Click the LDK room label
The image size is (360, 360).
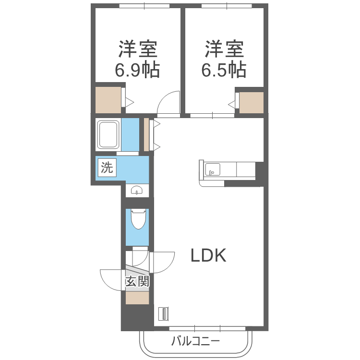tap(208, 256)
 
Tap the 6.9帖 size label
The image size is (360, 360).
tap(137, 71)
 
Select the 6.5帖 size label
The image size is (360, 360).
tap(224, 71)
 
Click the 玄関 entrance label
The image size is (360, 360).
tap(137, 281)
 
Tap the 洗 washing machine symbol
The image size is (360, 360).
tap(107, 168)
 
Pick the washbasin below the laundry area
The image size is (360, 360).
tap(138, 190)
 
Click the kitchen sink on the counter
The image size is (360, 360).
tap(213, 169)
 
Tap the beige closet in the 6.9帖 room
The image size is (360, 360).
tap(108, 100)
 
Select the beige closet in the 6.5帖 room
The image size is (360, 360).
tap(251, 102)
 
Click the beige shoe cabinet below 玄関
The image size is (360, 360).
tap(137, 298)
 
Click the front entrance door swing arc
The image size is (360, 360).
tap(111, 280)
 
